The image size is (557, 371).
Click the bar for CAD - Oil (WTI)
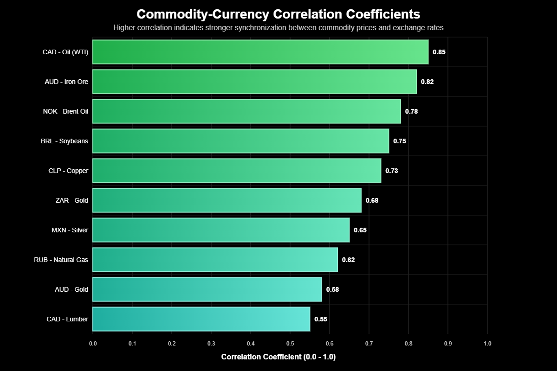point(260,52)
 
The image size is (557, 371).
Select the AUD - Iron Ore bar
point(254,82)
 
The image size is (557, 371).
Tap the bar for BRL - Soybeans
point(240,141)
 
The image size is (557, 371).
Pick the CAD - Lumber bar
point(201,319)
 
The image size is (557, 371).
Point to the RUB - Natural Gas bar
point(215,260)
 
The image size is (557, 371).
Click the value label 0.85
point(439,52)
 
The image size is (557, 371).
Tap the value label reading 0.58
point(332,289)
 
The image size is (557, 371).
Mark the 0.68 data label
point(372,200)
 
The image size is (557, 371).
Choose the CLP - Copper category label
point(68,171)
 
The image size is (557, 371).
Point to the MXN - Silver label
point(70,230)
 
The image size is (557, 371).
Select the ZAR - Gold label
point(71,200)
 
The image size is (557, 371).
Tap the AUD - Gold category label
point(71,289)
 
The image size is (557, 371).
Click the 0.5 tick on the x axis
point(290,344)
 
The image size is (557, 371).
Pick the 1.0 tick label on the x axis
point(487,344)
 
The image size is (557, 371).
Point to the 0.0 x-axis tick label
point(93,344)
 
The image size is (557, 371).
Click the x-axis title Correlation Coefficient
point(278,357)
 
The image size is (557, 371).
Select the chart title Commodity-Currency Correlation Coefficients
point(278,14)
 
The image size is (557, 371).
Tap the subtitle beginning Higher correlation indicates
point(278,28)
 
